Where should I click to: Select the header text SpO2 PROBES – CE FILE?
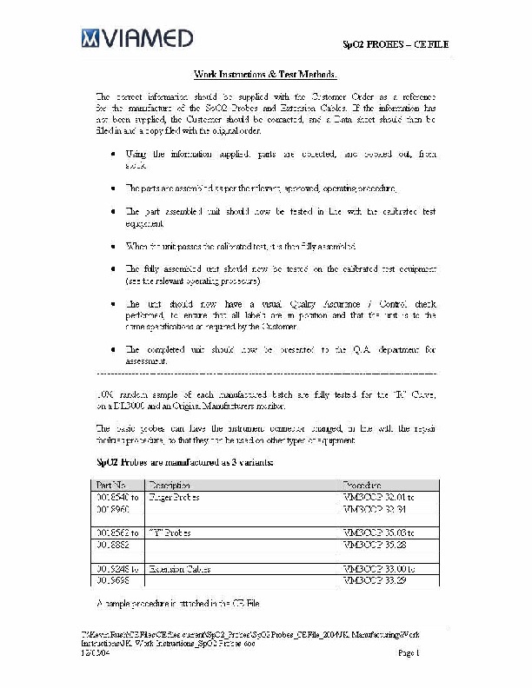click(x=395, y=43)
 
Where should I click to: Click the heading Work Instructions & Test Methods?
click(x=265, y=76)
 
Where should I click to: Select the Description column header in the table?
click(x=170, y=484)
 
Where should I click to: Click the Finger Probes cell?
click(x=175, y=498)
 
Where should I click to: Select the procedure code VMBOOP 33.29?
click(x=375, y=579)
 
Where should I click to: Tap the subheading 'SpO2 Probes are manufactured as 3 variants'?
click(x=183, y=462)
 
